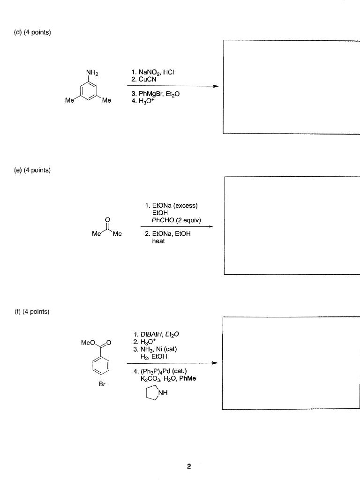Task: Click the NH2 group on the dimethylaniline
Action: pos(92,73)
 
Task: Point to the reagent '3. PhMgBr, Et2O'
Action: pos(156,94)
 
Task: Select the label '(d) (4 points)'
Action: pos(32,32)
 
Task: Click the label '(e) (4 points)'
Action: pos(32,170)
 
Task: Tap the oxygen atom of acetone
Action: pos(107,218)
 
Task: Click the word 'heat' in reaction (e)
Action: pos(158,241)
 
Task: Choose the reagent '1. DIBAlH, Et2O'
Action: pos(157,334)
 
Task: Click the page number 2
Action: pos(188,466)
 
